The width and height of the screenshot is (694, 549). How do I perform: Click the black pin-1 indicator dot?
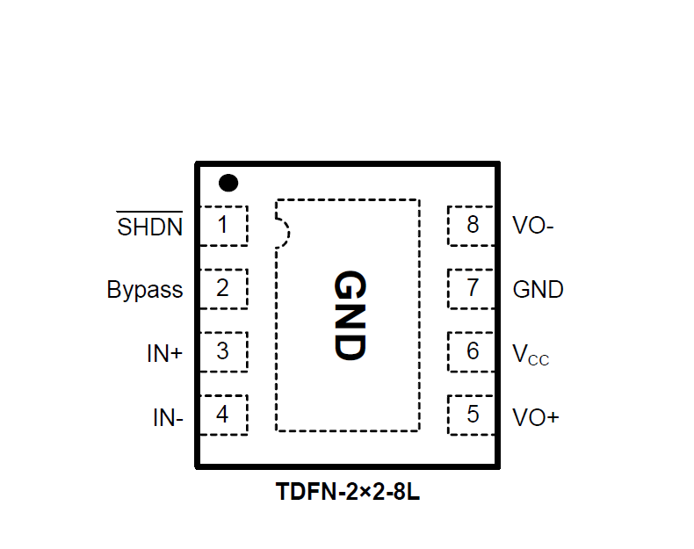(228, 183)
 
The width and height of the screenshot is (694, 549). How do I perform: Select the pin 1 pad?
(223, 226)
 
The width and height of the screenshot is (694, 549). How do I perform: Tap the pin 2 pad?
(223, 289)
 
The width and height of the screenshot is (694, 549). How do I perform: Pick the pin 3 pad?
(223, 351)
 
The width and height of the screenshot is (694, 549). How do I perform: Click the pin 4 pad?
(223, 415)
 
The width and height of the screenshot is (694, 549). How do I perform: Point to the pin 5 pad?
(473, 415)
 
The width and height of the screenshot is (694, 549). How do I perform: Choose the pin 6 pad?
(473, 351)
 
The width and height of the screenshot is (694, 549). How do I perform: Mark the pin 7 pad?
(473, 289)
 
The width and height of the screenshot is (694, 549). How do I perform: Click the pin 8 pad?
(473, 226)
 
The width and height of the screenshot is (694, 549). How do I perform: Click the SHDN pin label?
(150, 227)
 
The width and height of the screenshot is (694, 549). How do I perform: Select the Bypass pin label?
(145, 290)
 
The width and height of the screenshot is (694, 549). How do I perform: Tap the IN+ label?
(164, 353)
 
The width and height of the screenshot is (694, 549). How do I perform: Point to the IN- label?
(168, 417)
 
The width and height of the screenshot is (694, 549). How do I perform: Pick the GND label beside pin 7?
(538, 289)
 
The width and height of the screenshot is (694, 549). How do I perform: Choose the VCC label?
(531, 354)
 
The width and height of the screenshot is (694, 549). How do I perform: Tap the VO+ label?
(535, 416)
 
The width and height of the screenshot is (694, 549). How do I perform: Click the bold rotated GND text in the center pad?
(349, 314)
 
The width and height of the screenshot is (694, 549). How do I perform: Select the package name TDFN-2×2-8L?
(348, 493)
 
